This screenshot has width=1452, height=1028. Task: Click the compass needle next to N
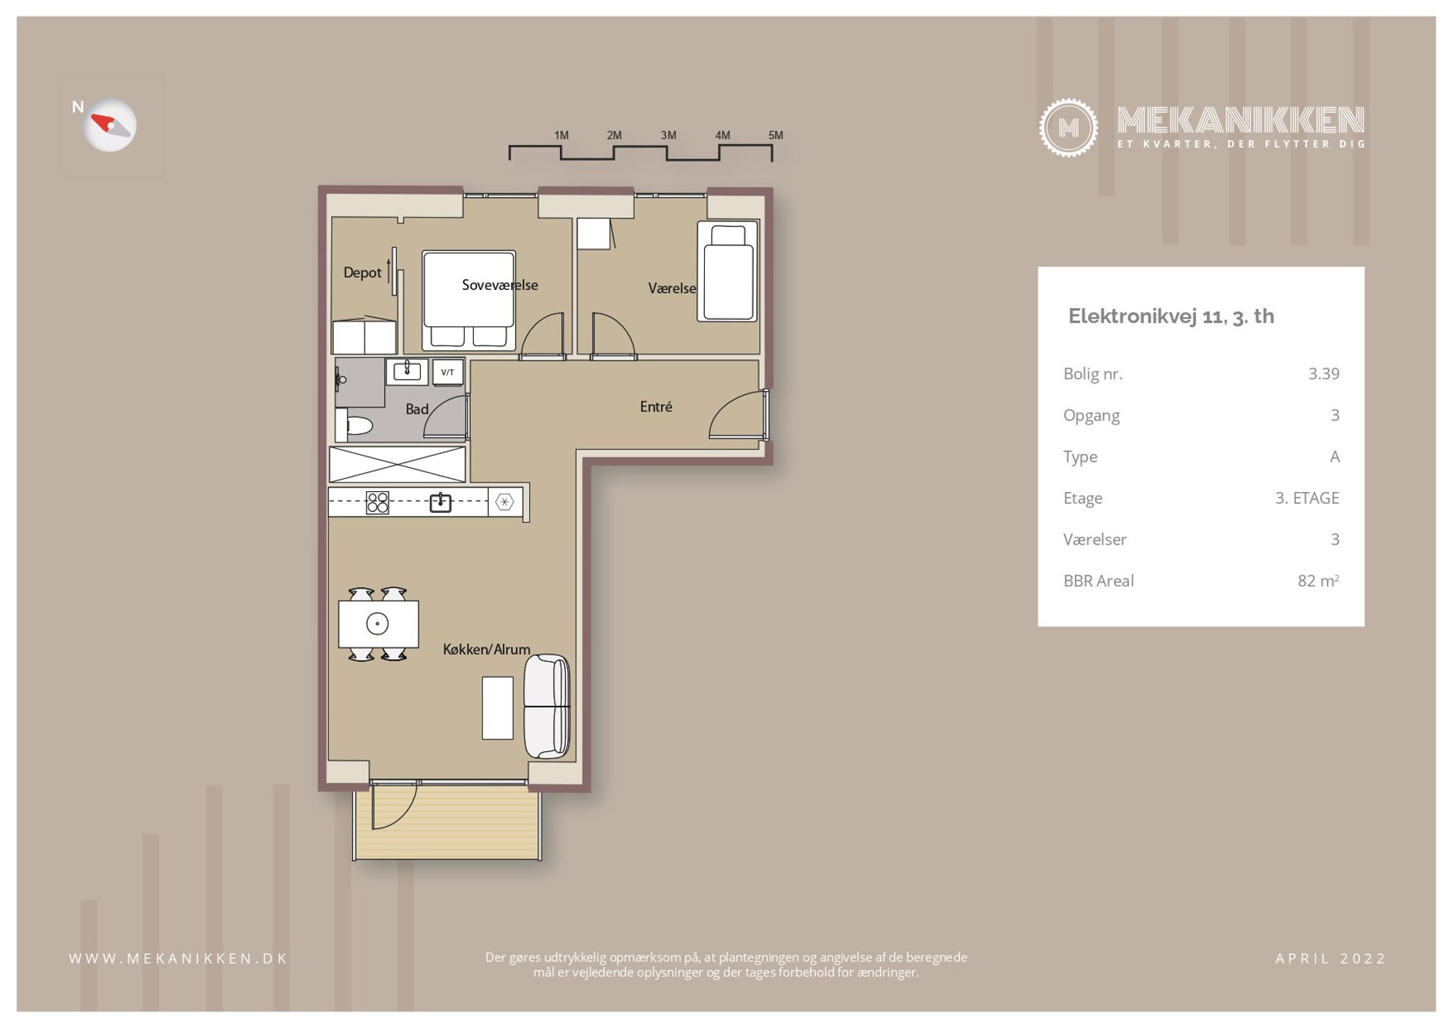[x=111, y=125]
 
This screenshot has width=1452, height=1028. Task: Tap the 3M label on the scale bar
[x=668, y=135]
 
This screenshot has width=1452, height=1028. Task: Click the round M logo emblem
[x=1068, y=128]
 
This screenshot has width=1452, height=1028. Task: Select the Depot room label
[x=362, y=272]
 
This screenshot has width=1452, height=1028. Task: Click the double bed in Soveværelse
[x=468, y=299]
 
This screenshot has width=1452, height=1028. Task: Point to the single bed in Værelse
[x=727, y=272]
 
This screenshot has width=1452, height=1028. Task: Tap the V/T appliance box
[x=447, y=372]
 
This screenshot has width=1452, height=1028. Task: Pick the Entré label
[x=656, y=406]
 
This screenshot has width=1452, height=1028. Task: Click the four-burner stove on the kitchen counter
[x=378, y=502]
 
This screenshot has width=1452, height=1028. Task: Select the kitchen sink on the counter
[x=440, y=502]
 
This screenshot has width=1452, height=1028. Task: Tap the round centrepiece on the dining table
[x=377, y=624]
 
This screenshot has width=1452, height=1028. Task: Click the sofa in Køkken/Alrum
[x=547, y=706]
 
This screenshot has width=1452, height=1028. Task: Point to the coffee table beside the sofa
[x=497, y=708]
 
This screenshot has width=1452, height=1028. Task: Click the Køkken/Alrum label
[x=487, y=649]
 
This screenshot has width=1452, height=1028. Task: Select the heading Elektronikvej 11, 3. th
[x=1171, y=316]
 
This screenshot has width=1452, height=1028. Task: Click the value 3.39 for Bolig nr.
[x=1324, y=373]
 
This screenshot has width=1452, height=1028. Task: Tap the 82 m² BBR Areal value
[x=1318, y=581]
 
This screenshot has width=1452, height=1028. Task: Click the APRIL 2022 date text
[x=1331, y=958]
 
